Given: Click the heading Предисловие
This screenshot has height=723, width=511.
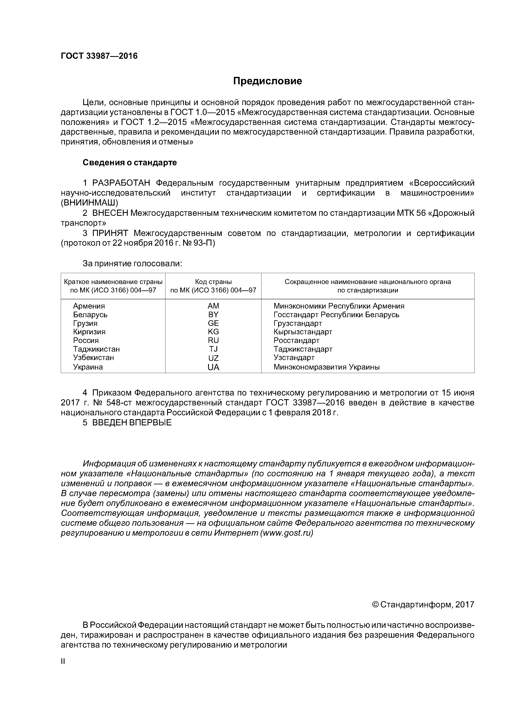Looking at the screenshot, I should [267, 81].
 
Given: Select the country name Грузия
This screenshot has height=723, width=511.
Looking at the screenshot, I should [85, 323].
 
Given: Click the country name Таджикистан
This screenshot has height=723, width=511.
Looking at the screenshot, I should [96, 349].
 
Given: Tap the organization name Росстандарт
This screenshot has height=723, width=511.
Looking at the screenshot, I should [296, 340].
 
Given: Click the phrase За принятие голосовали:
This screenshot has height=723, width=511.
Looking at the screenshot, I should [132, 264].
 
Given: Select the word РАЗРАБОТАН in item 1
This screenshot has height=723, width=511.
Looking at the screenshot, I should [121, 183].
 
